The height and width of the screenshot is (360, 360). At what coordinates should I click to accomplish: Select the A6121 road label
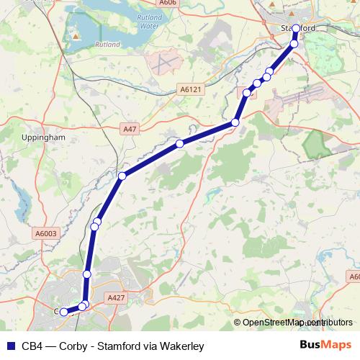(x=189, y=90)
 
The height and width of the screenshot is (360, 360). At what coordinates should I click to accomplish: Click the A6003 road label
(x=45, y=233)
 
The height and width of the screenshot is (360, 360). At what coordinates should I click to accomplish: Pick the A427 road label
(x=116, y=297)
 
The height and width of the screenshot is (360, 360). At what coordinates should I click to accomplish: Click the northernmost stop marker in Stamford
(x=296, y=29)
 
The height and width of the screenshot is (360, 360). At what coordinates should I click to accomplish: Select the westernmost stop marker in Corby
(x=63, y=312)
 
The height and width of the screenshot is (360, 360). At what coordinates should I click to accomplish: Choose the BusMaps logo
(x=325, y=346)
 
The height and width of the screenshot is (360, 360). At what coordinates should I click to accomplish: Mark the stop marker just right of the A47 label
(x=179, y=144)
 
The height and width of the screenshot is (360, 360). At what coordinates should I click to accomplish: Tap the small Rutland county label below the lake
(x=107, y=43)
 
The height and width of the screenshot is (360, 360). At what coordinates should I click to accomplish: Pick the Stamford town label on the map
(x=298, y=28)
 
